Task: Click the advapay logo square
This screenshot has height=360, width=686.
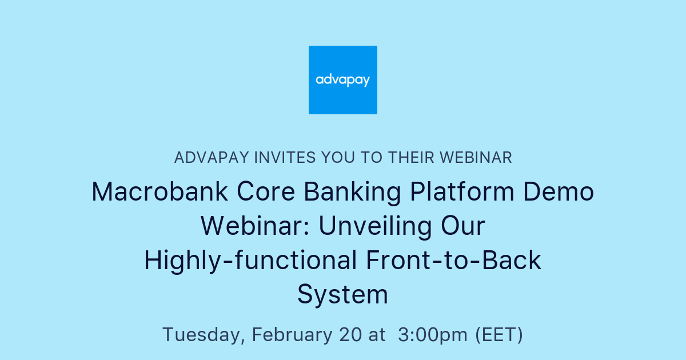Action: tap(343, 80)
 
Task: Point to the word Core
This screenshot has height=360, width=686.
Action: tap(266, 192)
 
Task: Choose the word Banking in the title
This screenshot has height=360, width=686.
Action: tap(353, 192)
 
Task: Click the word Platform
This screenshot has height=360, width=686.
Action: tap(463, 192)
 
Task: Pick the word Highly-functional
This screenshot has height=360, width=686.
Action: tap(250, 261)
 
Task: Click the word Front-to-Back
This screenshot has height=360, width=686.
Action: tap(453, 261)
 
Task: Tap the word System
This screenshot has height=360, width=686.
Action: tap(343, 295)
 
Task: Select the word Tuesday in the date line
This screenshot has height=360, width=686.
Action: tap(203, 335)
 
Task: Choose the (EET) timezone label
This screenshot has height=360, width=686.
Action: tap(499, 335)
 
